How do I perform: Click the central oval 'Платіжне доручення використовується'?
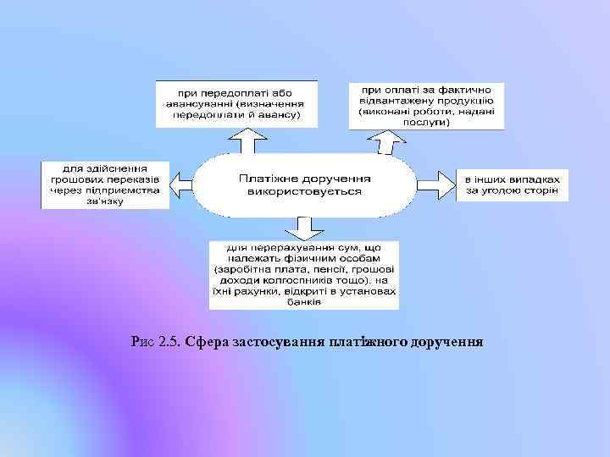point(305,185)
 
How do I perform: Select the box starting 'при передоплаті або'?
point(236,103)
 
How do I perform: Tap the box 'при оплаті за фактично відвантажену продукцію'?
point(427,105)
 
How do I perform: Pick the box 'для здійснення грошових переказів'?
point(106,184)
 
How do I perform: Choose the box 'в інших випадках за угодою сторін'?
point(512,185)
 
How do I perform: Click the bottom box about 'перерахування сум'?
point(304,274)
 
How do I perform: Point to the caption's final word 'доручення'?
point(446,343)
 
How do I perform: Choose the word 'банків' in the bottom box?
point(304,301)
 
